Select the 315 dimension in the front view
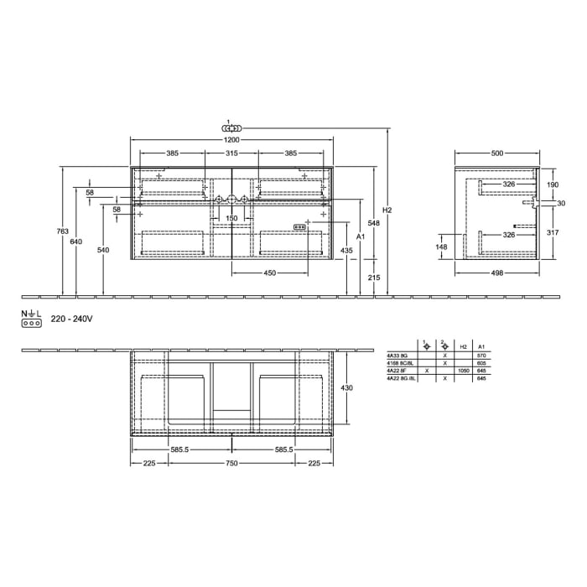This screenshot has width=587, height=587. pyautogui.click(x=231, y=154)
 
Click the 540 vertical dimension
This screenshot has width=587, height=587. pyautogui.click(x=103, y=250)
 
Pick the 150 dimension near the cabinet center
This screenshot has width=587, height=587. pyautogui.click(x=231, y=218)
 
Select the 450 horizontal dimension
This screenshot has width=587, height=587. pyautogui.click(x=271, y=273)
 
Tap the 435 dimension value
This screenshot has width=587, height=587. pyautogui.click(x=346, y=251)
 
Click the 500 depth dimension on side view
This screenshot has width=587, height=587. pyautogui.click(x=496, y=154)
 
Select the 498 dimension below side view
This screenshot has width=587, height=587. pyautogui.click(x=496, y=273)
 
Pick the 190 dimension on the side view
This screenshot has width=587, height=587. pyautogui.click(x=553, y=184)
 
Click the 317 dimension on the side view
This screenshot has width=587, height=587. pyautogui.click(x=553, y=233)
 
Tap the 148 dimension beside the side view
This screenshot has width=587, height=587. pyautogui.click(x=442, y=247)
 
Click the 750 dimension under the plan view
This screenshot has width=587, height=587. pyautogui.click(x=231, y=463)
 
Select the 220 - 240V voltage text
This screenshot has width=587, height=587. pyautogui.click(x=71, y=319)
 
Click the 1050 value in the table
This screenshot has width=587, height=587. pyautogui.click(x=464, y=371)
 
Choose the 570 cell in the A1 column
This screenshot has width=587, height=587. pyautogui.click(x=481, y=356)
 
